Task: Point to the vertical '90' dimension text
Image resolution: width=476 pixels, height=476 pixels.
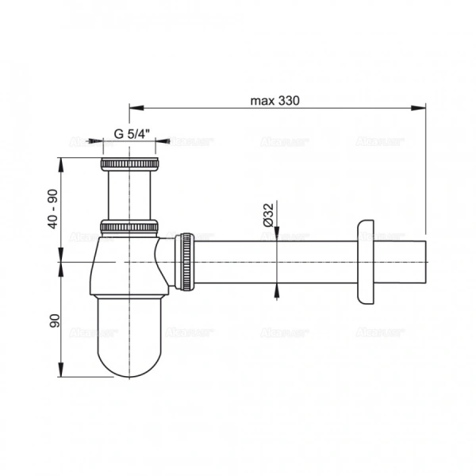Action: [x=54, y=321]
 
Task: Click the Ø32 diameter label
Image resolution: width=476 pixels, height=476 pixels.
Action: [x=269, y=216]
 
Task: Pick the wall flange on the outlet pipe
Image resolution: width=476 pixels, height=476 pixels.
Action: [x=366, y=261]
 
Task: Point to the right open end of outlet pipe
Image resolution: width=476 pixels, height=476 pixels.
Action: [x=426, y=260]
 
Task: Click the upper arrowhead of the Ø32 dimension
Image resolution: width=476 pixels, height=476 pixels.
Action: [x=276, y=234]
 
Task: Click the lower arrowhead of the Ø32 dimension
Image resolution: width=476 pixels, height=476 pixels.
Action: [x=276, y=288]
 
